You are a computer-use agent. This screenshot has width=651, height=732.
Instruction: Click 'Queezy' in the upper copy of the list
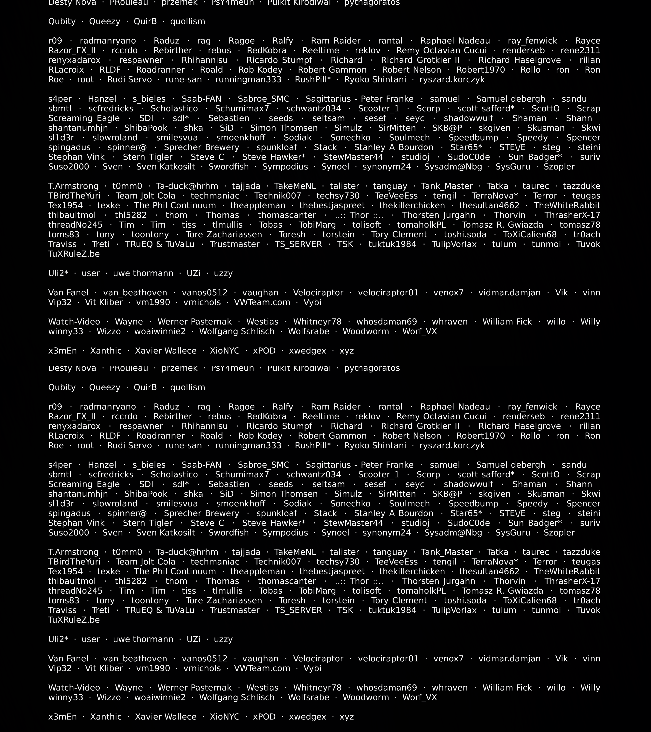(105, 21)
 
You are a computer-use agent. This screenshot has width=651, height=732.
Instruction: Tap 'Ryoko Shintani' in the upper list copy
(375, 80)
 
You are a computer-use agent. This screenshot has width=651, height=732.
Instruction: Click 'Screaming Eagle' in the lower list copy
(84, 484)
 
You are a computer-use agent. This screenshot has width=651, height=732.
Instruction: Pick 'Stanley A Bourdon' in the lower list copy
(393, 513)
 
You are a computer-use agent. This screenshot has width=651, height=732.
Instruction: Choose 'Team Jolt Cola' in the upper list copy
(145, 196)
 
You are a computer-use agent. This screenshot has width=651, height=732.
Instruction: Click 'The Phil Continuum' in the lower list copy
(175, 572)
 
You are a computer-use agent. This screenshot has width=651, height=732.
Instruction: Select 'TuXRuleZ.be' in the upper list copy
(74, 254)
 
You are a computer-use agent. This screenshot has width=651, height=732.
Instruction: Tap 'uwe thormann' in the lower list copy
(143, 639)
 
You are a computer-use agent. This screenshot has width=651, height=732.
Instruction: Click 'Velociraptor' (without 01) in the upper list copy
(318, 293)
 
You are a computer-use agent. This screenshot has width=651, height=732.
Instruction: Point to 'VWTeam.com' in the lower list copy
(262, 668)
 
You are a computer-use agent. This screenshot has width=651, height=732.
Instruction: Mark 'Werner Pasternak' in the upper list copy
(194, 322)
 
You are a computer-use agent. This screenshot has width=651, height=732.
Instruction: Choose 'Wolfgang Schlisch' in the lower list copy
(237, 697)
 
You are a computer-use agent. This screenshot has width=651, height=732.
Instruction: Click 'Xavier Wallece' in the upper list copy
(166, 351)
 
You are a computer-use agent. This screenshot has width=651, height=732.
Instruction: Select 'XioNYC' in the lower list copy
(225, 717)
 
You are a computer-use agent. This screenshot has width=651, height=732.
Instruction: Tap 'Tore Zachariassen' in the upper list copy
(224, 235)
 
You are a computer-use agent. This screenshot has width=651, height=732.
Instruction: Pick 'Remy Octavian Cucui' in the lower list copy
(441, 416)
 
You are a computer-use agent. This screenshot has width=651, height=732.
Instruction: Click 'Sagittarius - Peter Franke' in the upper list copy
(359, 99)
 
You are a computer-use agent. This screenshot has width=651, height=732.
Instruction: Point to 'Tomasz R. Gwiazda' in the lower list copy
(502, 591)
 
